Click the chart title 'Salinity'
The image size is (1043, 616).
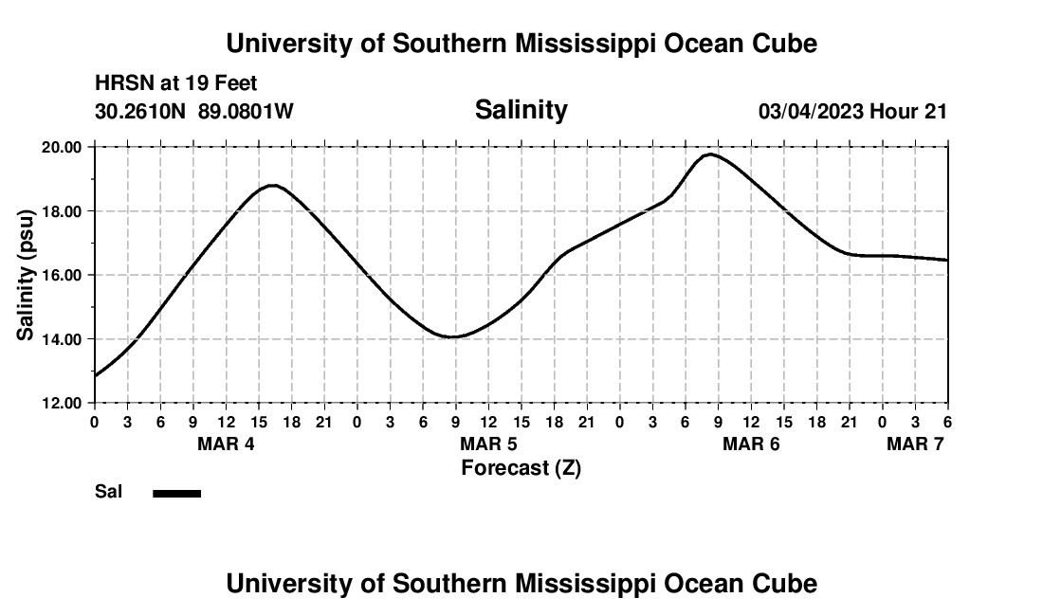coord(521,110)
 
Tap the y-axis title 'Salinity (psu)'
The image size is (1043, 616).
coord(26,275)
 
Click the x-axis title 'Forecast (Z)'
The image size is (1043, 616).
coord(521,467)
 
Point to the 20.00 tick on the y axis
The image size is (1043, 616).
coord(61,147)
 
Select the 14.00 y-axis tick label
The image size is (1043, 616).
coord(61,339)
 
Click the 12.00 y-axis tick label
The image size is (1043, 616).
coord(61,403)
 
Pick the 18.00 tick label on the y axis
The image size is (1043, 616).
coord(61,211)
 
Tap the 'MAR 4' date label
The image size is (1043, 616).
coord(226,444)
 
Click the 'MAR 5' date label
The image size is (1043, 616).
coord(488,444)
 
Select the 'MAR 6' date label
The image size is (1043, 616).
coord(751,444)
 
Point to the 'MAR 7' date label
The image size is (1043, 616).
coord(915,444)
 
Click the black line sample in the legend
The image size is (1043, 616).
coord(177,493)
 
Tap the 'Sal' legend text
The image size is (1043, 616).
coord(108,492)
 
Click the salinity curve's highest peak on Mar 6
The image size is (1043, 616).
coord(709,154)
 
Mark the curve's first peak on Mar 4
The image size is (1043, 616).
coord(273,185)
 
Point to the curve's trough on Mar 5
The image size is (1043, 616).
coord(453,336)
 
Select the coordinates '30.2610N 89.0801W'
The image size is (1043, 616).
coord(194,111)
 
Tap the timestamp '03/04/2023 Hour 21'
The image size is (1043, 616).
coord(852,111)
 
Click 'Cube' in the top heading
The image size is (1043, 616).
coord(783,44)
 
